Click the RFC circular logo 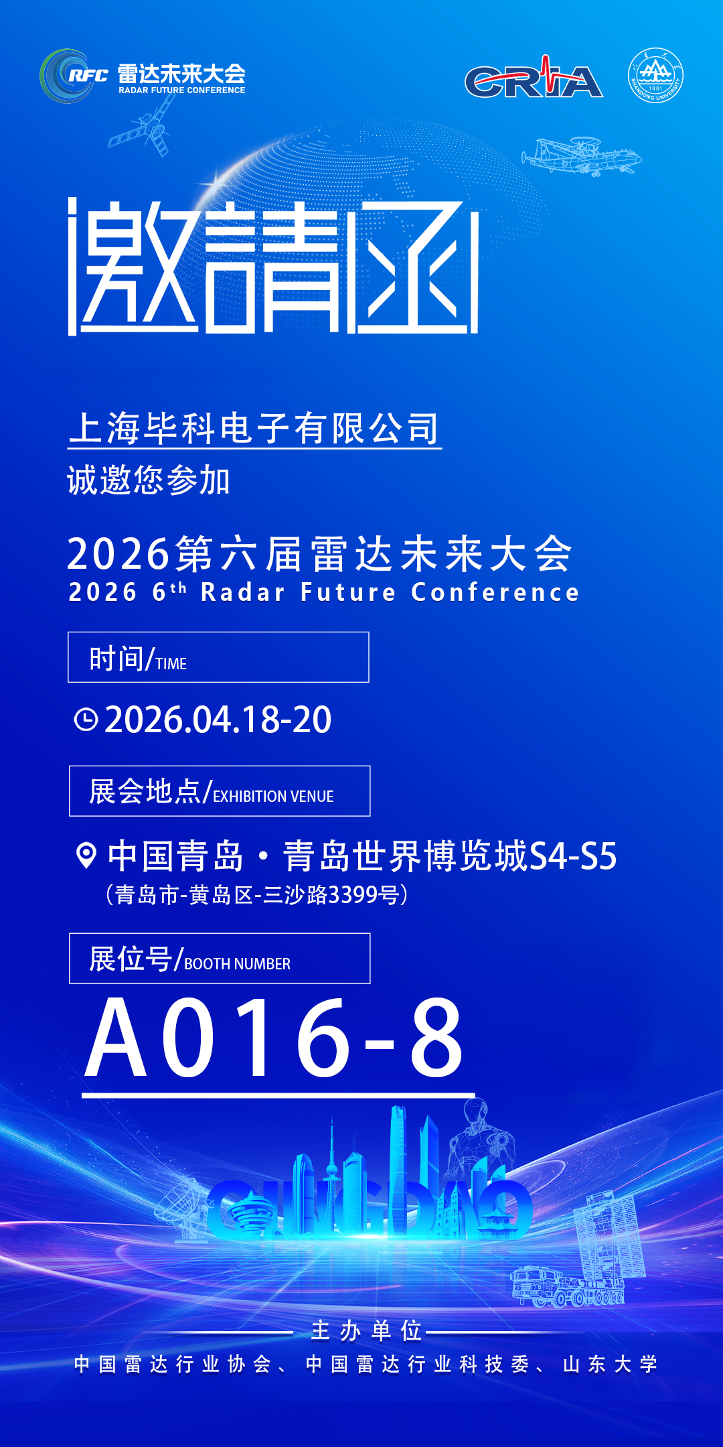coord(66,76)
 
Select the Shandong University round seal coord(655,75)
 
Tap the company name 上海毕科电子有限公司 coord(254,429)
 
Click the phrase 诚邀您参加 coord(149,480)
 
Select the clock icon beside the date coord(86,719)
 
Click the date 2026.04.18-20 coord(218,720)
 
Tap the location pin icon coord(86,855)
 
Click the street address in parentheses coord(257,894)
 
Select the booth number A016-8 coord(274,1038)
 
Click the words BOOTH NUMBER coord(237,964)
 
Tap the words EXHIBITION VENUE coord(273,797)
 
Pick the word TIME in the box coord(171,664)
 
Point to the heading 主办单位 coord(366,1331)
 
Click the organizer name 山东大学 coord(610,1364)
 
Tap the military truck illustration coord(536,1286)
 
